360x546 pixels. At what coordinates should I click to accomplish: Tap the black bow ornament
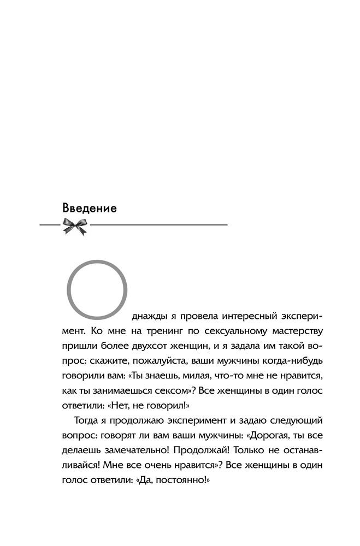pyautogui.click(x=75, y=225)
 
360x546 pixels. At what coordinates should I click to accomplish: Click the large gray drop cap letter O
pyautogui.click(x=97, y=289)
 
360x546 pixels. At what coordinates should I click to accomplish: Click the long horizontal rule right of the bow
pyautogui.click(x=158, y=225)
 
